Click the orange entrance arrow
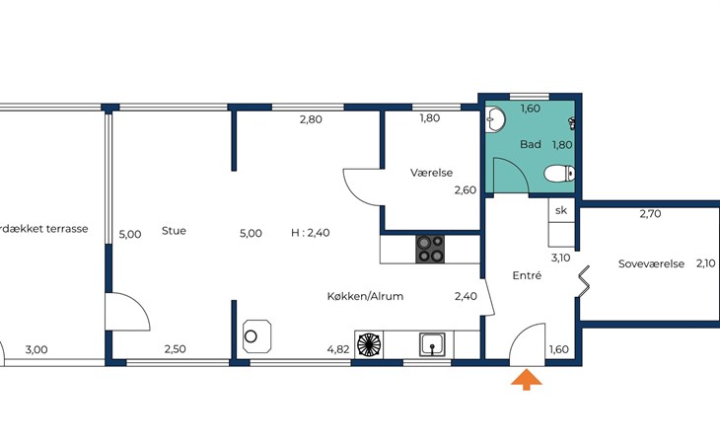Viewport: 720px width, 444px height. point(527,381)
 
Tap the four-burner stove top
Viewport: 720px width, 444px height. point(430,249)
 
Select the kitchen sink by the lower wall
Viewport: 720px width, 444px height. point(432,344)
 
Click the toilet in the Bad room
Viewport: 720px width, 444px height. point(559,174)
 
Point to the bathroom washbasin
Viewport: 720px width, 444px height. point(495,118)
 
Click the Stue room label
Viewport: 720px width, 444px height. point(174,231)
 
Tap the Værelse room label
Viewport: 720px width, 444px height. point(431,173)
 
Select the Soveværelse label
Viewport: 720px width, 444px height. point(651,264)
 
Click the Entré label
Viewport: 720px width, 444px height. point(527,275)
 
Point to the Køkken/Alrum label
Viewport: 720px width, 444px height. point(365,296)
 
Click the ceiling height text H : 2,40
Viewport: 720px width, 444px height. point(311,233)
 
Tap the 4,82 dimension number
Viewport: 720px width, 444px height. point(338,349)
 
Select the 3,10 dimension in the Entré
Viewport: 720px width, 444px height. point(560,258)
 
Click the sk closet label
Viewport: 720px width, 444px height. point(561,210)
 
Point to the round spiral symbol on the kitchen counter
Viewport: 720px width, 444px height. point(369,344)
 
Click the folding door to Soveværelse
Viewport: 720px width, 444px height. point(583,281)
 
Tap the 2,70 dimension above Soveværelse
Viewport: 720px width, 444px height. point(650,213)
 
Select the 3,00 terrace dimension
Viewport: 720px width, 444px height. point(36,350)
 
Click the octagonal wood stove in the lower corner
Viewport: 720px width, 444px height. point(256,336)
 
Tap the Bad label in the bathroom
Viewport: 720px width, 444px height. point(531,144)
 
